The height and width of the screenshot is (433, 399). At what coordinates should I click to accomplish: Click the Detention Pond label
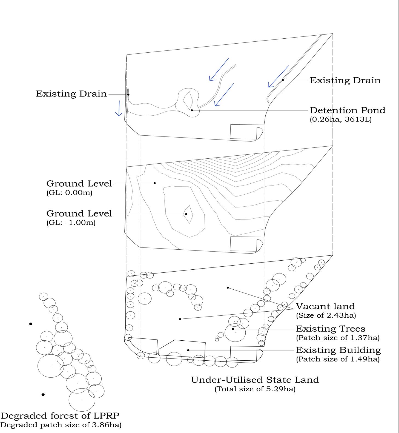coord(347,110)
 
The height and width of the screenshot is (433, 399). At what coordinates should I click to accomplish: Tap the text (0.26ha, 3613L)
coord(341,119)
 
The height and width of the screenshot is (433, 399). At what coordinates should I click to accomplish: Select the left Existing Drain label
coord(71,94)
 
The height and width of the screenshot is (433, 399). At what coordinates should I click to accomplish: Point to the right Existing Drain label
coord(345,81)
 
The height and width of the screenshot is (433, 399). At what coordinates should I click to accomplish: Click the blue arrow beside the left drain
coord(119,108)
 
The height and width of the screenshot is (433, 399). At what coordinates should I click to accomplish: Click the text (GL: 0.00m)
coord(69,193)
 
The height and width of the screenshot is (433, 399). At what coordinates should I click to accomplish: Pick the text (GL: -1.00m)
coord(71,223)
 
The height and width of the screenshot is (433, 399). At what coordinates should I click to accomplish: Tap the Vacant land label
coord(325,306)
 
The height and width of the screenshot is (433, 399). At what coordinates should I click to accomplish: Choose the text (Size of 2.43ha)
coord(326,315)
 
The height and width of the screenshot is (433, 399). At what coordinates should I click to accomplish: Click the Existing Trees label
coord(331,329)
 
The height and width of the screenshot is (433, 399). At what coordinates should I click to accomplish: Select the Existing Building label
coord(338,350)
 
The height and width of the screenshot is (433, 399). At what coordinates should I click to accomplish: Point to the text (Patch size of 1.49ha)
coord(338,359)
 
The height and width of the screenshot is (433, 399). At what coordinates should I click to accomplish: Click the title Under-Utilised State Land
coord(255,380)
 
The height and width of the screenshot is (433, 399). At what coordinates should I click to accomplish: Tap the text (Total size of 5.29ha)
coord(255,389)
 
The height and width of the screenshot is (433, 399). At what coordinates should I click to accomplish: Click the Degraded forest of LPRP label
coord(60,416)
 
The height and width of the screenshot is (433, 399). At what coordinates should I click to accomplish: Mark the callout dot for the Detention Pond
coord(192,110)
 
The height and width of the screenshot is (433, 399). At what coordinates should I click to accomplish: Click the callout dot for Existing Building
coord(188,350)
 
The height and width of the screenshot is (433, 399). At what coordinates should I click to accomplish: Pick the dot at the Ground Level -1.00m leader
coord(186,214)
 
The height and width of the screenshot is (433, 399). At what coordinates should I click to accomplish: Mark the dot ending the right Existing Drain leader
coord(283,80)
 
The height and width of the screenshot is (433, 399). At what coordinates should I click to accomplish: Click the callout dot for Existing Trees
coord(233,329)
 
